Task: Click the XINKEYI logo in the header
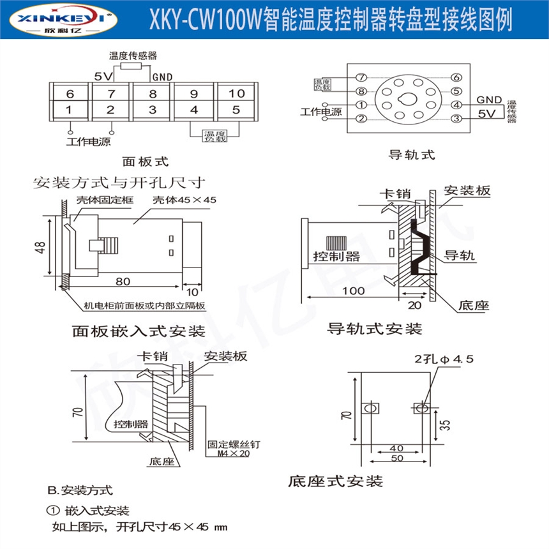click(x=61, y=19)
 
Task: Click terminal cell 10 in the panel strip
click(x=236, y=93)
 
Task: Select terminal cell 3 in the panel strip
click(x=153, y=110)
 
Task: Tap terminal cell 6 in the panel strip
click(x=70, y=93)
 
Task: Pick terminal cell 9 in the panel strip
click(x=194, y=93)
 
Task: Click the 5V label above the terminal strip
click(x=103, y=77)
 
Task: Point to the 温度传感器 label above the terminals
click(x=133, y=56)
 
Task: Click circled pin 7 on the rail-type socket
click(x=361, y=77)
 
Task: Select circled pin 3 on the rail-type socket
click(x=456, y=119)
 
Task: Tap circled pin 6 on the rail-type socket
click(x=456, y=77)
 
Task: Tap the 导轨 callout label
click(x=460, y=255)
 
